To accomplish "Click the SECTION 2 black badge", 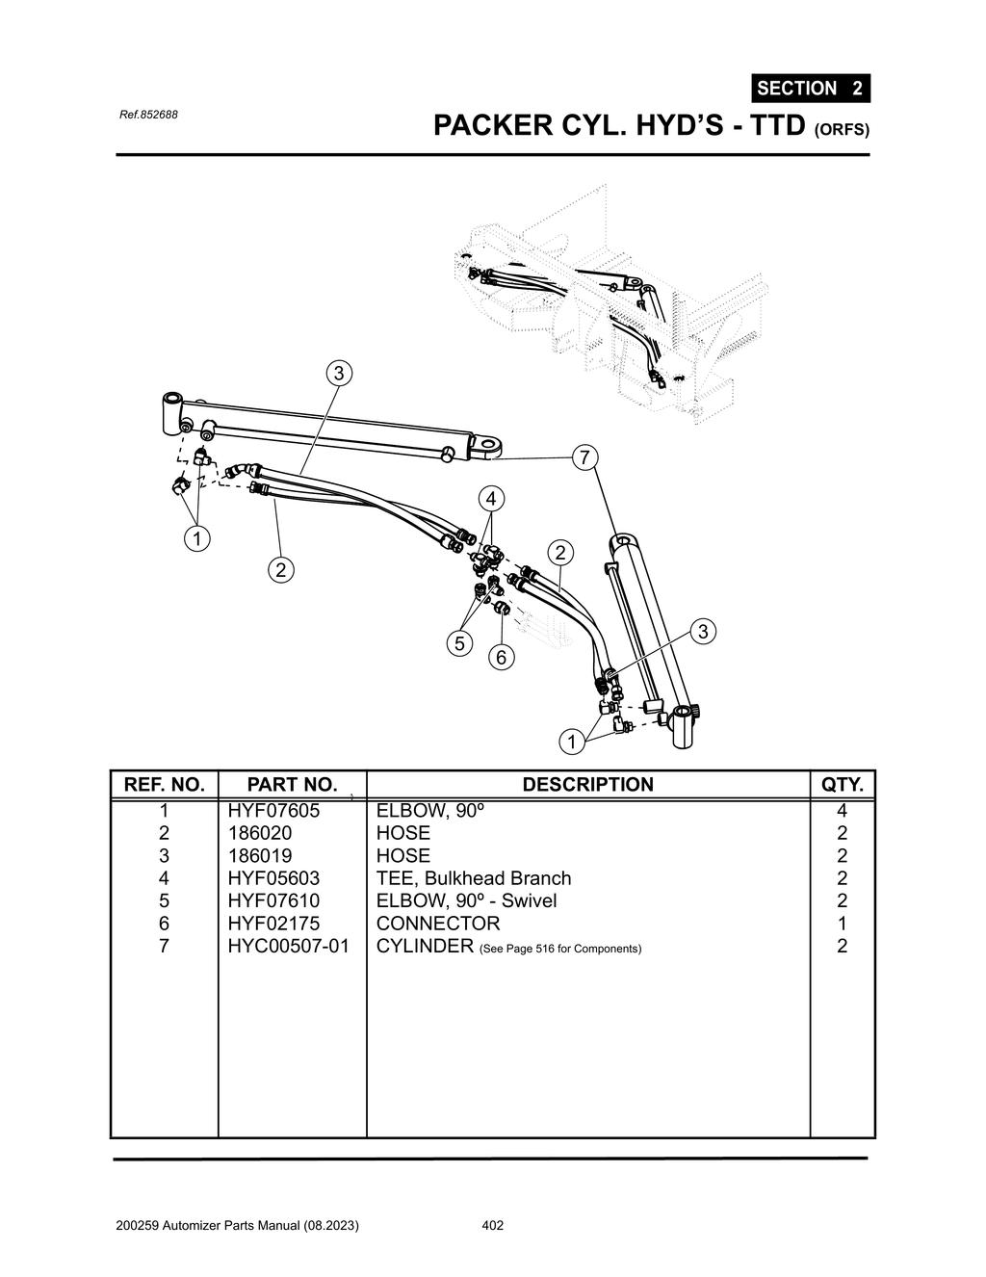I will pyautogui.click(x=810, y=89).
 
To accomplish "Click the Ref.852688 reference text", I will pyautogui.click(x=148, y=115).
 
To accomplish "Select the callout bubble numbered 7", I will pyautogui.click(x=584, y=457).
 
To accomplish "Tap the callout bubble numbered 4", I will pyautogui.click(x=491, y=499).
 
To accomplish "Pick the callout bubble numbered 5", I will pyautogui.click(x=459, y=643).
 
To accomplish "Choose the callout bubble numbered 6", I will pyautogui.click(x=501, y=658).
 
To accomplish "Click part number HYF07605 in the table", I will pyautogui.click(x=273, y=811).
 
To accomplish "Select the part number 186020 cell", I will pyautogui.click(x=259, y=833).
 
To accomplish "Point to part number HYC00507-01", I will pyautogui.click(x=288, y=946).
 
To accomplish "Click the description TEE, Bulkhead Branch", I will pyautogui.click(x=473, y=878).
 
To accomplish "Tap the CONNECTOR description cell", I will pyautogui.click(x=437, y=924).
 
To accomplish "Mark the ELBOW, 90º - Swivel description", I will pyautogui.click(x=466, y=900).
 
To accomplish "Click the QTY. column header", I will pyautogui.click(x=842, y=785).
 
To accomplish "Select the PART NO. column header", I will pyautogui.click(x=292, y=785).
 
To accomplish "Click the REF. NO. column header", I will pyautogui.click(x=165, y=785).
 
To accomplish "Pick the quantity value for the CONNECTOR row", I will pyautogui.click(x=842, y=924).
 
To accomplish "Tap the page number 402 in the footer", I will pyautogui.click(x=492, y=1226).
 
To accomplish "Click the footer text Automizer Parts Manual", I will pyautogui.click(x=237, y=1226).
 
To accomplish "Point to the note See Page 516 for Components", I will pyautogui.click(x=559, y=949).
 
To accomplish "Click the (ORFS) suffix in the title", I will pyautogui.click(x=842, y=130).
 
